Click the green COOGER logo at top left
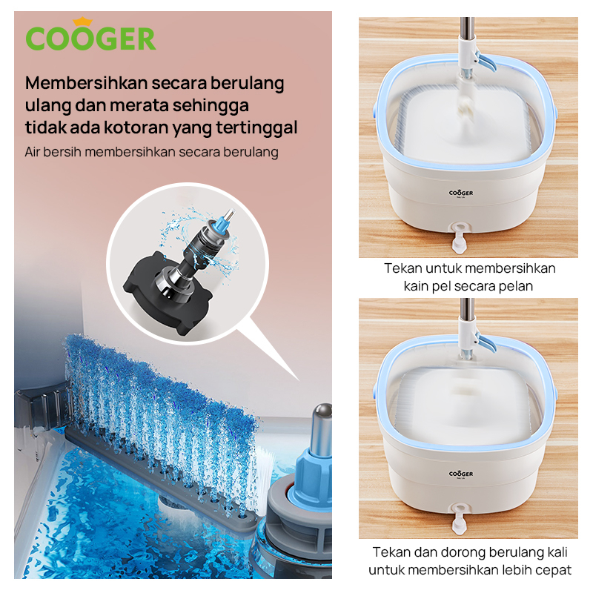coord(90,38)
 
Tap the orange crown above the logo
coord(82,21)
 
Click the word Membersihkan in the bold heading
coord(86,83)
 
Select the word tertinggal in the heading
coord(256,127)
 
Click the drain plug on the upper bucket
coord(459,237)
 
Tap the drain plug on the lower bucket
coord(459,519)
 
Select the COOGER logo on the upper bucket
coord(460,193)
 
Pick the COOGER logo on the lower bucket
coord(460,474)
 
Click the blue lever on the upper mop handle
coord(486,62)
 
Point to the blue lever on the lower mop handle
coord(486,342)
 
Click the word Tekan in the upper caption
coord(402,268)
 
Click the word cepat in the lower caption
coord(553,570)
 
